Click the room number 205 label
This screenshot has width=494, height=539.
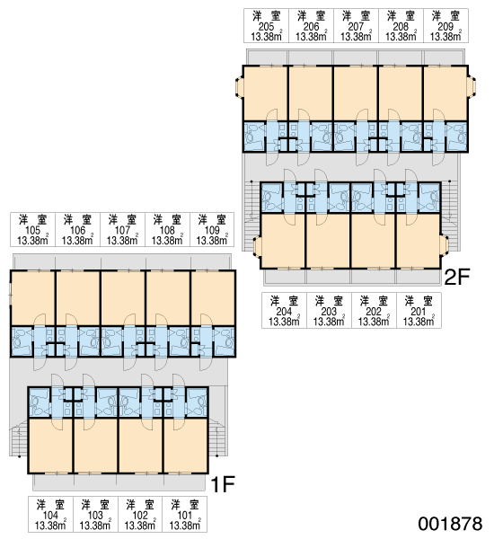tap(266, 26)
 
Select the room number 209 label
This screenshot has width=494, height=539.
tap(445, 26)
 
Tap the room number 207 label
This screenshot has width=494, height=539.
tap(356, 26)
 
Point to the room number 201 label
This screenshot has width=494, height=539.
tap(419, 312)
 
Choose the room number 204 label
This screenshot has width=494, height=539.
tap(284, 312)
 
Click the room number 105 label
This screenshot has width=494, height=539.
tap(32, 230)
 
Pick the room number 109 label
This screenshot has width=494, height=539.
tap(212, 230)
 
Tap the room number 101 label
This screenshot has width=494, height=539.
tap(185, 516)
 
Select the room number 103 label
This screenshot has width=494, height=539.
tap(95, 516)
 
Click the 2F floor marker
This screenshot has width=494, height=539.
tap(456, 277)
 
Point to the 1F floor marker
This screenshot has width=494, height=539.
tap(223, 484)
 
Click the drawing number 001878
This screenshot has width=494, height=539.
tap(450, 524)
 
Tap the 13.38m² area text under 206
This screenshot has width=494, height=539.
tap(311, 37)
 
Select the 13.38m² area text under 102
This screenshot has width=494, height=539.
tap(140, 526)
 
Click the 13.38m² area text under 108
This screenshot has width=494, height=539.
tap(167, 240)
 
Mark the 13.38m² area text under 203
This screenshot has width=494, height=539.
tap(329, 322)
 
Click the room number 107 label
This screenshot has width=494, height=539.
tap(122, 230)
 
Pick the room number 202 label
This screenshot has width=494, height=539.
tap(374, 312)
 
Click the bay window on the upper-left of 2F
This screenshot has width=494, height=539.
tap(239, 86)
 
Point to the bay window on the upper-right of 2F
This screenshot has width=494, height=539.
tap(472, 86)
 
